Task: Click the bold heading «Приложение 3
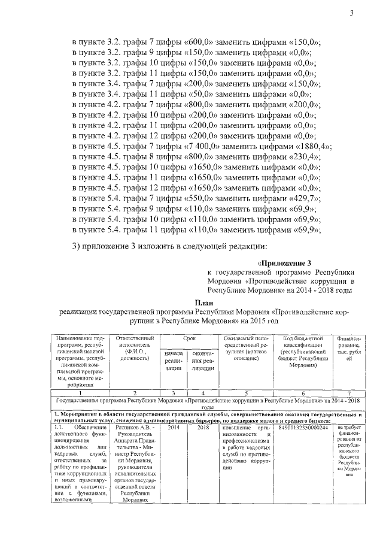(285, 262)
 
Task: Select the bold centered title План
(206, 302)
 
